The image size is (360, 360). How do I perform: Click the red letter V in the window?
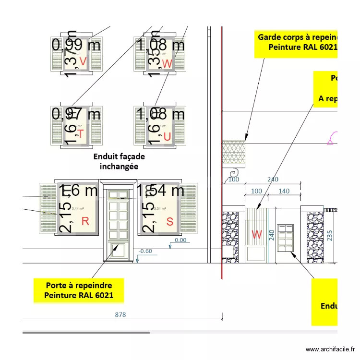click(83, 61)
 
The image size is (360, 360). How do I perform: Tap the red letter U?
click(167, 137)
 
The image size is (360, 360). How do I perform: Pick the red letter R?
click(85, 221)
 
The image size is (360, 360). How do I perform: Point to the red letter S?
click(169, 221)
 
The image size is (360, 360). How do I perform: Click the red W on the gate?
click(257, 235)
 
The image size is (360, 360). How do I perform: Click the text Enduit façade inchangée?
click(119, 161)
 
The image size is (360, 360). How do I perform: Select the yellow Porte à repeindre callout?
click(79, 290)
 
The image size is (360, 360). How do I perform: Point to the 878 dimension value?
click(120, 315)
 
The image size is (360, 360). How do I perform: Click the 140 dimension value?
click(284, 191)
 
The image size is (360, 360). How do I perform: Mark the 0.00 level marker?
click(180, 240)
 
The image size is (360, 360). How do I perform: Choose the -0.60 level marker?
click(145, 251)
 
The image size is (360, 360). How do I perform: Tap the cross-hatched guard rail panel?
click(234, 153)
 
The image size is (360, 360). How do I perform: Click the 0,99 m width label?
click(76, 45)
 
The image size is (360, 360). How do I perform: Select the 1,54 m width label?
click(161, 190)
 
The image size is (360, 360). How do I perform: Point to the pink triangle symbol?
click(331, 141)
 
